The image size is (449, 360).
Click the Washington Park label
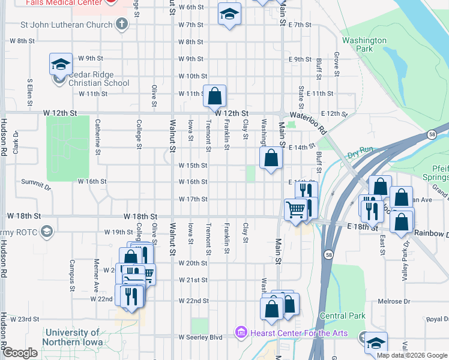tap(364, 44)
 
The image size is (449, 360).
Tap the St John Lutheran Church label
tap(67, 25)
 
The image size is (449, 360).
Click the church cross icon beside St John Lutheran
tap(122, 25)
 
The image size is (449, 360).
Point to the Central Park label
tap(343, 316)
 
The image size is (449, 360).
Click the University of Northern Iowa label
tap(73, 337)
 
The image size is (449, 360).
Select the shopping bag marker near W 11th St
tap(214, 95)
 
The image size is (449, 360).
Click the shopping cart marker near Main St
tap(295, 210)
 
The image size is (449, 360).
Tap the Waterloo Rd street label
tap(308, 122)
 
